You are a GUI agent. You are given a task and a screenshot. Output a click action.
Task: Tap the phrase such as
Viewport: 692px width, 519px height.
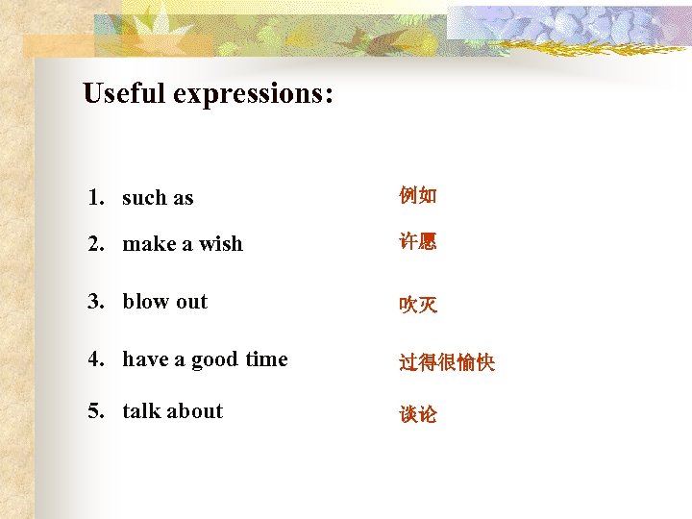coord(158,198)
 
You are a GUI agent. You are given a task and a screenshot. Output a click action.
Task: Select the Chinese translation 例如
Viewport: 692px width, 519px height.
coord(418,196)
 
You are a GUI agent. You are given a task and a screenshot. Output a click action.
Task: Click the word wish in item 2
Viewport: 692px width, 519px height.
coord(221,244)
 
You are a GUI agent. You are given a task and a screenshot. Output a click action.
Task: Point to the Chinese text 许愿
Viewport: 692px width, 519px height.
coord(418,242)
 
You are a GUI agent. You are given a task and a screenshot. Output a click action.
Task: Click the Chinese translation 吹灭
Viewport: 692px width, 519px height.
coord(418,305)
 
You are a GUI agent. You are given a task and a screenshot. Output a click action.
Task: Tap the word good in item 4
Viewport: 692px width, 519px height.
coord(214,359)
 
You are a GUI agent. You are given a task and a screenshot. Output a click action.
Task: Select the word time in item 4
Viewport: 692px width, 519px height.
coord(266,358)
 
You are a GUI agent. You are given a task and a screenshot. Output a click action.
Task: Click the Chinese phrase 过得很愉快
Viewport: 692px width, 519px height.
coord(447,362)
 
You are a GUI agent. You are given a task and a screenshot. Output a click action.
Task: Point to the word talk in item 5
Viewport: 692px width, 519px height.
coord(141,410)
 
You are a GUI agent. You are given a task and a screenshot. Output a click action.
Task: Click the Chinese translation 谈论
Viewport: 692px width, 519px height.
coord(418,414)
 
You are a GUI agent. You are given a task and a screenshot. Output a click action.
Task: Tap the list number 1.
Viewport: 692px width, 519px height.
coord(95,198)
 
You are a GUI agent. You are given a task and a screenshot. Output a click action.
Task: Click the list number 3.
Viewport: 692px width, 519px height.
coord(95,301)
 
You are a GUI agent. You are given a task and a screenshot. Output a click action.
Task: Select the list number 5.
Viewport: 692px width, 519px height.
coord(95,410)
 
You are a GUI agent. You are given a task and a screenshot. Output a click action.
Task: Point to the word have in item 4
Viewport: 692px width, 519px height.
coord(145,358)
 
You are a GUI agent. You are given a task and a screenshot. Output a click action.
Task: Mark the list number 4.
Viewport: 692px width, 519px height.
coord(95,358)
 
